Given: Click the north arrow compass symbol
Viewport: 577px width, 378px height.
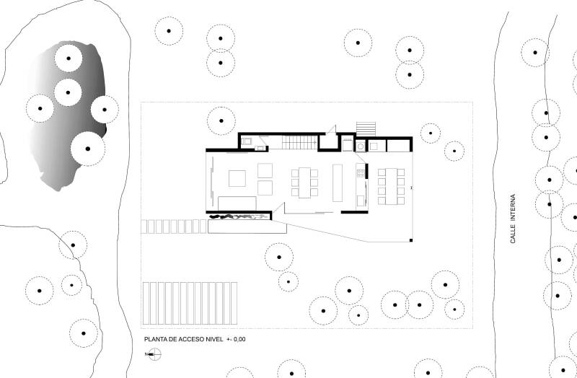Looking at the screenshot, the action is [155, 354].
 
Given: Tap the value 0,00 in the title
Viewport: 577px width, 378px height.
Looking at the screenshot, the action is [239, 339].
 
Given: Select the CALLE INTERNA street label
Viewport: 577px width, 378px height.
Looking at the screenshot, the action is [513, 219].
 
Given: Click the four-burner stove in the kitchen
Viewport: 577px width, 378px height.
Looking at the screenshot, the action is [361, 173].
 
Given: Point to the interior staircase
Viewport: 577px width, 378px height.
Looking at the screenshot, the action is [299, 142].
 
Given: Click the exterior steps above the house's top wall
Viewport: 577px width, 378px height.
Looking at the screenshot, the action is [366, 129].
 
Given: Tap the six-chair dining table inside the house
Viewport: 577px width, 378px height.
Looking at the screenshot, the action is [304, 183].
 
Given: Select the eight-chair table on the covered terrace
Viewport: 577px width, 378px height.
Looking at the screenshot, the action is [391, 186].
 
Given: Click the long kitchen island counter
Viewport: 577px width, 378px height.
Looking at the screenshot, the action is [338, 183].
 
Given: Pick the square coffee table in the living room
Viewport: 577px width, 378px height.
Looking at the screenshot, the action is [237, 178].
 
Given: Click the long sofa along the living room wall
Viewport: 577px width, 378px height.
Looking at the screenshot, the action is [237, 203].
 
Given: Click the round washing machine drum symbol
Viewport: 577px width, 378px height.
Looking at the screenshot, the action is [360, 146].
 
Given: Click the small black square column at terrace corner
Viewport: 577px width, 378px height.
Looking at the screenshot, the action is [411, 240].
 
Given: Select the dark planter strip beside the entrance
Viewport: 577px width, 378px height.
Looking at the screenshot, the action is [239, 217].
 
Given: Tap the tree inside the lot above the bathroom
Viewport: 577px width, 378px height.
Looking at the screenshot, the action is [221, 120].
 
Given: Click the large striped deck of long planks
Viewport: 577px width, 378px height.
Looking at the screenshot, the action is [190, 303].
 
